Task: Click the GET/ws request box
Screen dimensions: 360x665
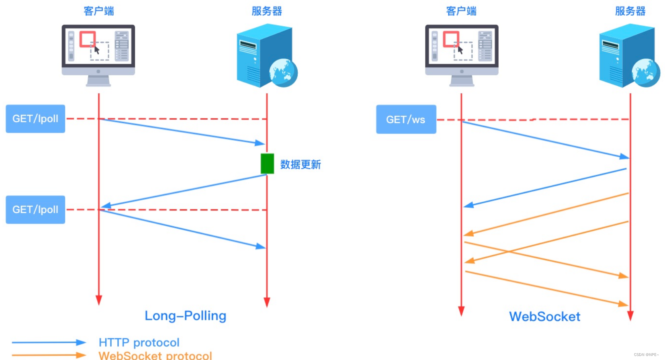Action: [x=406, y=119]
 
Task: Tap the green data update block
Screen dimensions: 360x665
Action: [x=267, y=164]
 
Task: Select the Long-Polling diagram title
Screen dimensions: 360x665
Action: [x=185, y=316]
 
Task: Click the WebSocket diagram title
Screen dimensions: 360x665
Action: [x=544, y=317]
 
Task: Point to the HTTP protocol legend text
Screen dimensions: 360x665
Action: [x=139, y=342]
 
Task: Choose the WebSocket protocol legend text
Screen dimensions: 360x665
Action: [x=155, y=355]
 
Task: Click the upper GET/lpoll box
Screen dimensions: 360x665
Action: [x=35, y=119]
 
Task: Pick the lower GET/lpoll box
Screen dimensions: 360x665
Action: [x=35, y=209]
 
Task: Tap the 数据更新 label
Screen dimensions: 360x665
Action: [x=300, y=164]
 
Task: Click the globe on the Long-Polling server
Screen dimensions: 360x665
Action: [x=284, y=72]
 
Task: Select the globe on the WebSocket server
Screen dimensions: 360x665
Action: [x=646, y=72]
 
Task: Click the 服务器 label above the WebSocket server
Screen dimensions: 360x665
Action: [x=630, y=11]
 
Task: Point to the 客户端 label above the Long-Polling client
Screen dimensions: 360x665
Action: [x=98, y=11]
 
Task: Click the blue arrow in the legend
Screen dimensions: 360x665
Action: [x=48, y=342]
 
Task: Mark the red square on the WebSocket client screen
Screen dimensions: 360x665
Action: [x=451, y=39]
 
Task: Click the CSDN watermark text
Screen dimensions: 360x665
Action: [x=646, y=355]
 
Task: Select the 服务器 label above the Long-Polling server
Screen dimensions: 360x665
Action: [x=267, y=11]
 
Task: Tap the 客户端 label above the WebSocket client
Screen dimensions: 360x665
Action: [x=461, y=11]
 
